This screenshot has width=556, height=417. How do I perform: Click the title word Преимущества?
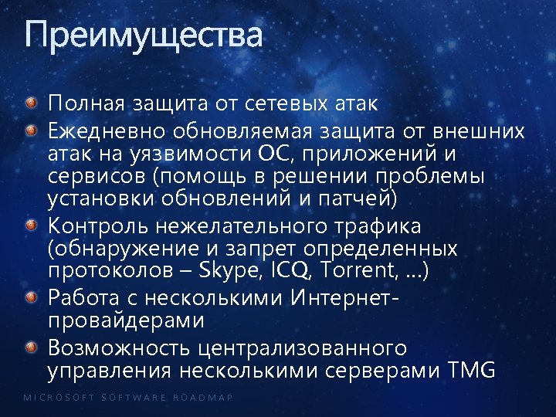[x=144, y=36]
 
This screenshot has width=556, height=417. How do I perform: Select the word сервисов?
[x=97, y=176]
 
